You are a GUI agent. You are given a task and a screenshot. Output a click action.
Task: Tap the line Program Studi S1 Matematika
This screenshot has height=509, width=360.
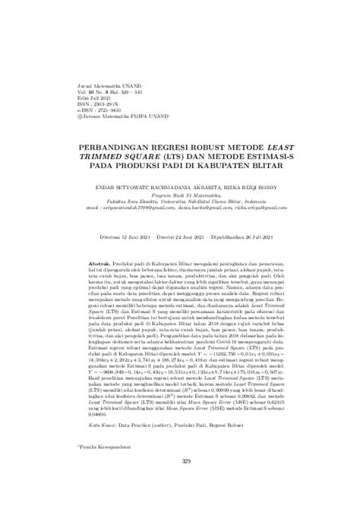tap(180, 193)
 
